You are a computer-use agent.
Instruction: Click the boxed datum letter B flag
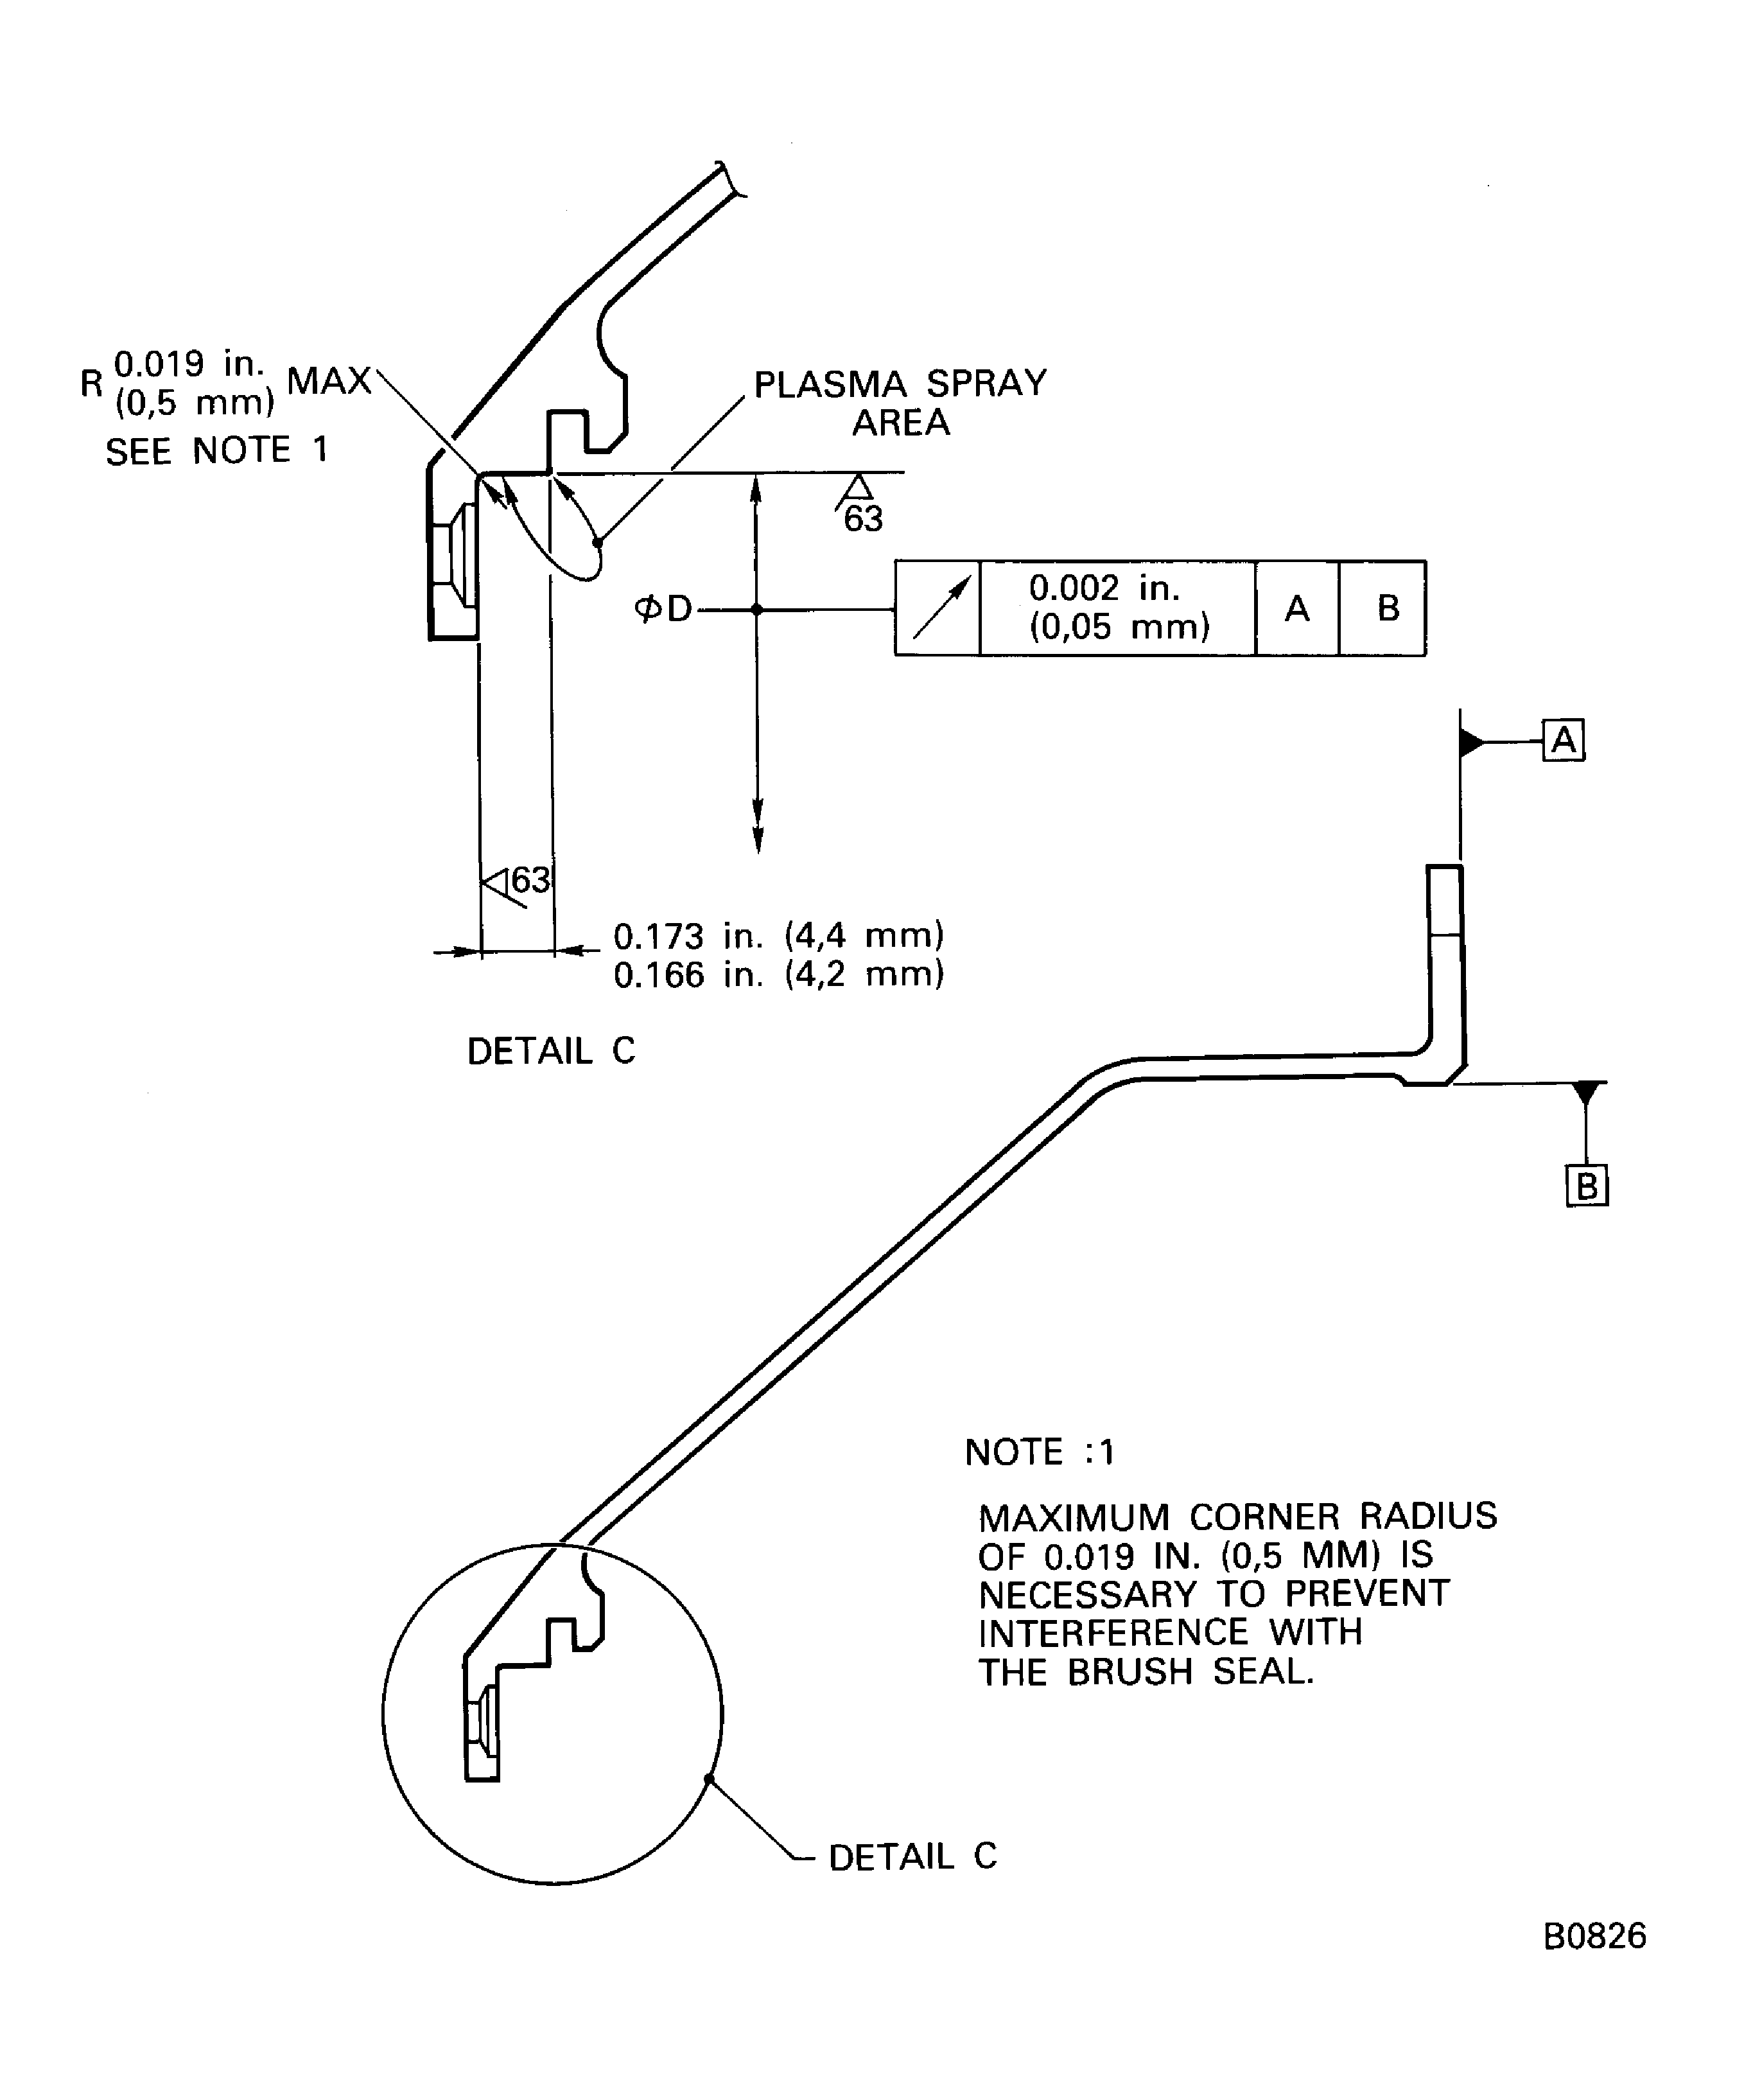pos(1587,1186)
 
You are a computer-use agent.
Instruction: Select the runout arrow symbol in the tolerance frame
pos(938,608)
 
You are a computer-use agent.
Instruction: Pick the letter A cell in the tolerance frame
pos(1296,608)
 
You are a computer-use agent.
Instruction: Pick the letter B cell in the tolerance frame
pos(1387,608)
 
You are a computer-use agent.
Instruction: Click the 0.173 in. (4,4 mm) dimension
pos(778,936)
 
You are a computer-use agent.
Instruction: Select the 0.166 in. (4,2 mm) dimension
pos(778,974)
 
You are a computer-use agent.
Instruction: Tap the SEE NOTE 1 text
pos(216,451)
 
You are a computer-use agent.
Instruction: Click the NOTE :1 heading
pos(1040,1452)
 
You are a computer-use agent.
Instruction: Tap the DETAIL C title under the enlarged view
pos(551,1051)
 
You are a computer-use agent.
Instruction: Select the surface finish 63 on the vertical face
pos(530,880)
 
